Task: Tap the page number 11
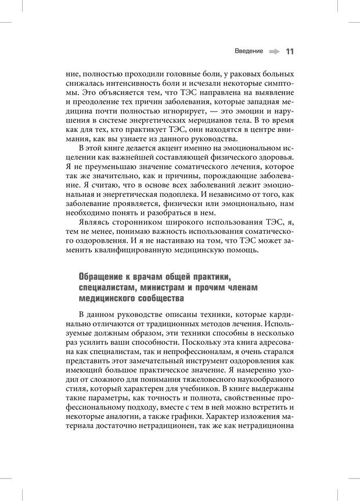pos(290,52)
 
